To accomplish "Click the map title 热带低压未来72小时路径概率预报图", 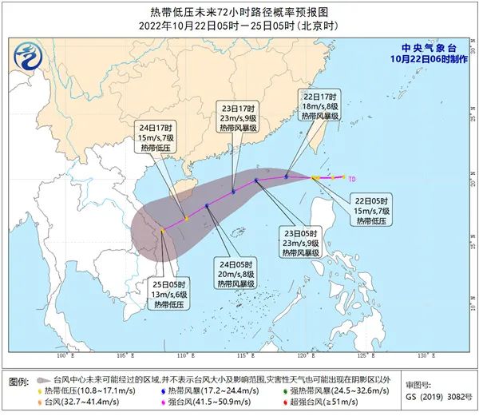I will [240, 11].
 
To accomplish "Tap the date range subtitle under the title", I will [239, 26].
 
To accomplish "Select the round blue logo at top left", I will [30, 57].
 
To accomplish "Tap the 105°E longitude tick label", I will [124, 355].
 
